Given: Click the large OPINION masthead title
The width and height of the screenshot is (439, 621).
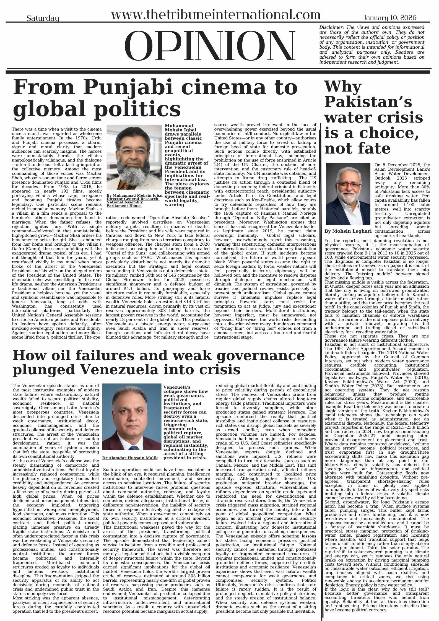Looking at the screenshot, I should coord(209,46).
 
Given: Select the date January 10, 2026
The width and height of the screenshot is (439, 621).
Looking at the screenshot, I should coord(390,18).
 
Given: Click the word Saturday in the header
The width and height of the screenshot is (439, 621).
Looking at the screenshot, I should coord(43,19).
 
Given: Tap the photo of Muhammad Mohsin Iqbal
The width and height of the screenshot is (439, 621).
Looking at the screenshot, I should coord(134,157).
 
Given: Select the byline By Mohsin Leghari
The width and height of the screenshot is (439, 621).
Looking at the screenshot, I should coord(348,231).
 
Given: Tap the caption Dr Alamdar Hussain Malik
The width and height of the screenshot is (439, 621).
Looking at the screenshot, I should coord(130,458).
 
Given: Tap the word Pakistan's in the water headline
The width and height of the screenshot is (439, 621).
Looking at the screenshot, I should coord(368,102).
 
